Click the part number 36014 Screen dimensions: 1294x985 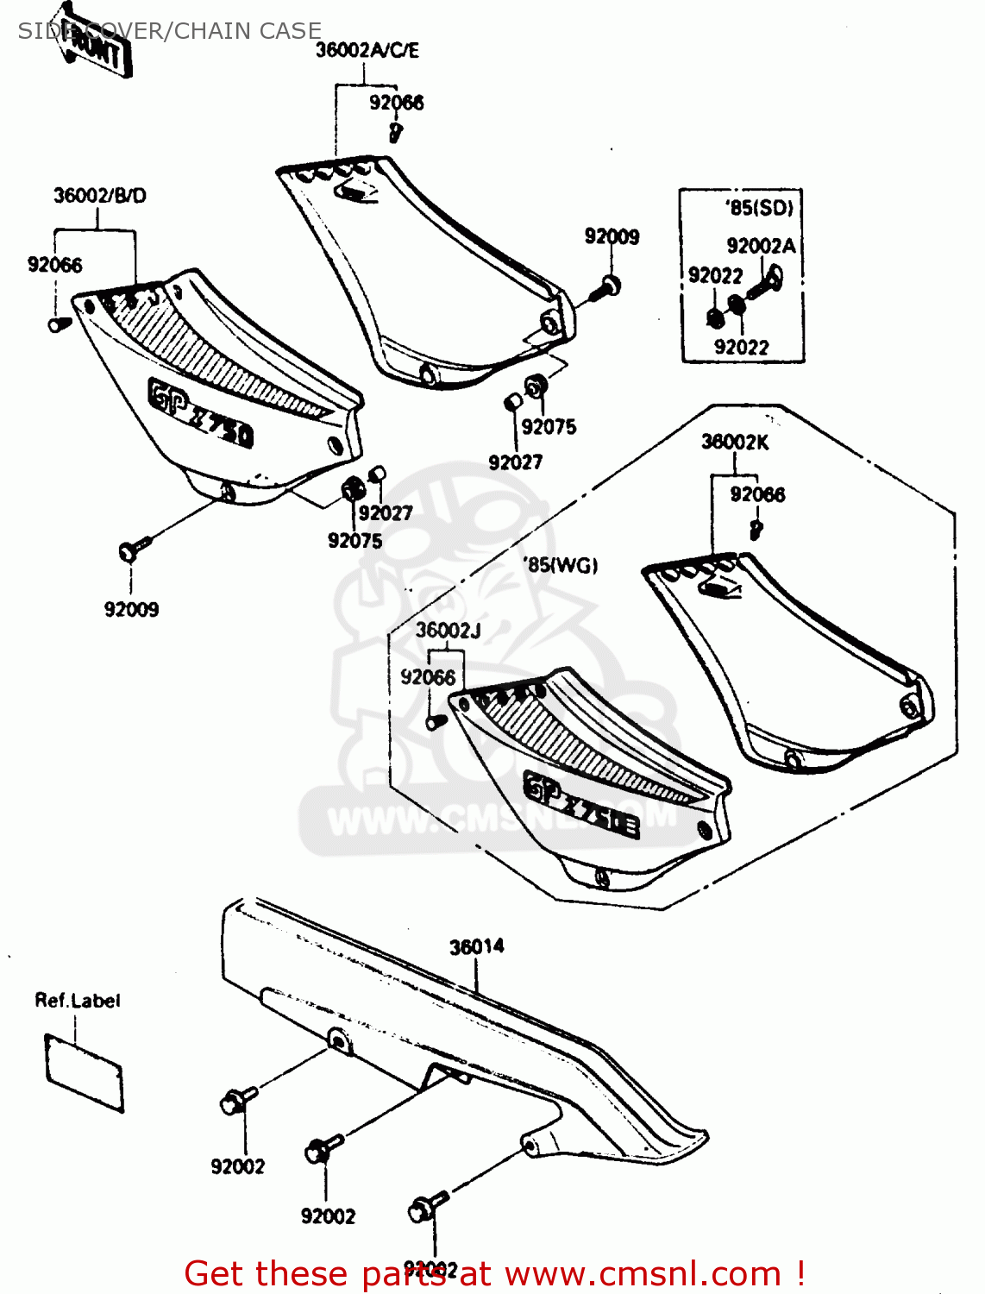tap(476, 947)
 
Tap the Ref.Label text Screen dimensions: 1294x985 tap(77, 1001)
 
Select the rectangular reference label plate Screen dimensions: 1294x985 tap(84, 1073)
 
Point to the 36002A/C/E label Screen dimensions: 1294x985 tap(367, 51)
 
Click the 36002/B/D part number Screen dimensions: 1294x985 tap(99, 196)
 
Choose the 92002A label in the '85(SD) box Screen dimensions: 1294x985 tap(761, 247)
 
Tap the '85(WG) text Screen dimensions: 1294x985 tap(561, 566)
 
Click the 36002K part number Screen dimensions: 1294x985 tap(734, 443)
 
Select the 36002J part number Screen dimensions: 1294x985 tap(448, 631)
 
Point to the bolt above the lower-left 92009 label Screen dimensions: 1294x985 tap(134, 547)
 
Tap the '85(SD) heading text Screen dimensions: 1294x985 tap(759, 208)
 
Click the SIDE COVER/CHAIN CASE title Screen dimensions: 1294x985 tap(170, 31)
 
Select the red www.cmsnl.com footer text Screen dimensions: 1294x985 tap(495, 1273)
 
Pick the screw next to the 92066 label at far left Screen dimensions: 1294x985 tap(59, 324)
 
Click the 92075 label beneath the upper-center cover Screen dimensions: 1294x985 tap(549, 427)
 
